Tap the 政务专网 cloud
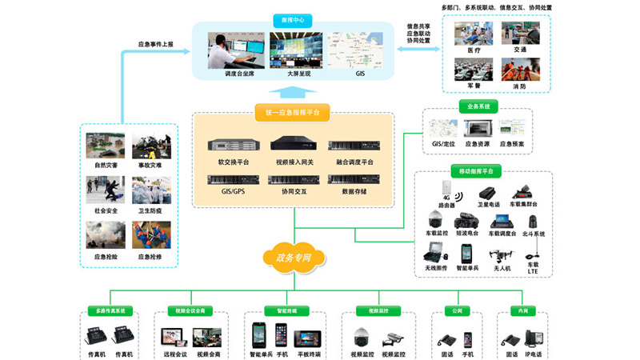(x=294, y=258)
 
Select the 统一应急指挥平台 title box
(x=293, y=113)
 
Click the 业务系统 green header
(x=478, y=106)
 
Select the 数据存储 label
(x=353, y=192)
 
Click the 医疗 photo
(x=474, y=34)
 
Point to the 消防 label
(x=521, y=86)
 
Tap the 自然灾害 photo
(x=106, y=147)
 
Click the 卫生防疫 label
(x=150, y=211)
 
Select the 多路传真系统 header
(x=111, y=310)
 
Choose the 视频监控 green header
(x=378, y=310)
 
